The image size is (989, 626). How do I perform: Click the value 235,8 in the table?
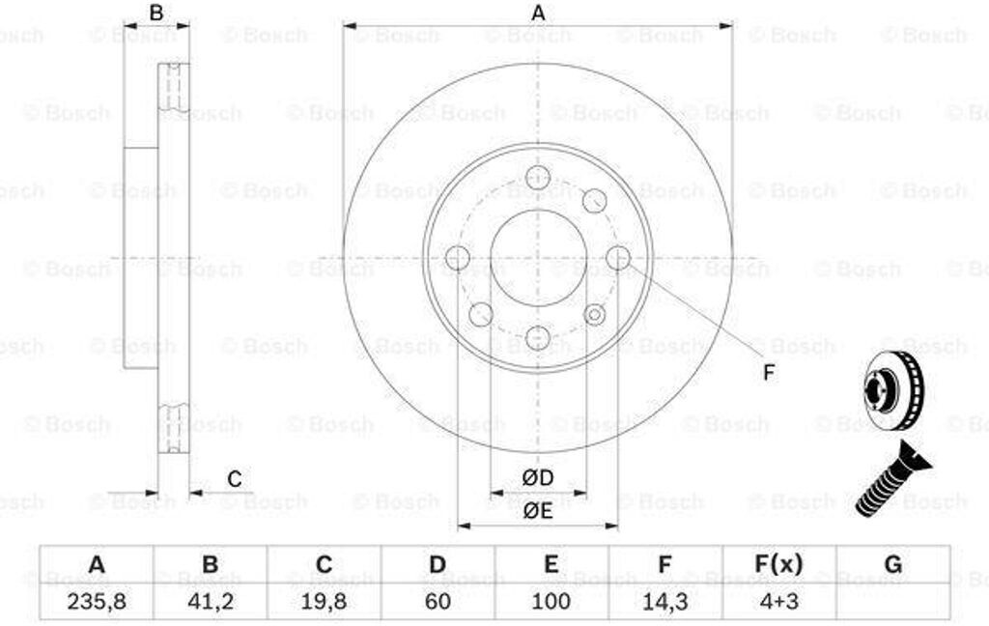[97, 602]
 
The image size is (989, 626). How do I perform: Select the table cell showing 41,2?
[210, 602]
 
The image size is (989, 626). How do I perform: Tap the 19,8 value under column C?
[324, 602]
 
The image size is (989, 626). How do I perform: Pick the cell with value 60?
[438, 602]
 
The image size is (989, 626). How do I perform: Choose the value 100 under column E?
[551, 602]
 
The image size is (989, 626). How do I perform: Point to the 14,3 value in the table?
[664, 602]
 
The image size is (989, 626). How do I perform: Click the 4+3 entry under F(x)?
[779, 602]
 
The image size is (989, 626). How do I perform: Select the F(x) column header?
[779, 563]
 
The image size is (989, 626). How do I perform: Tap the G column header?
[893, 563]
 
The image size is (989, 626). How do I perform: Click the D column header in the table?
[438, 563]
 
